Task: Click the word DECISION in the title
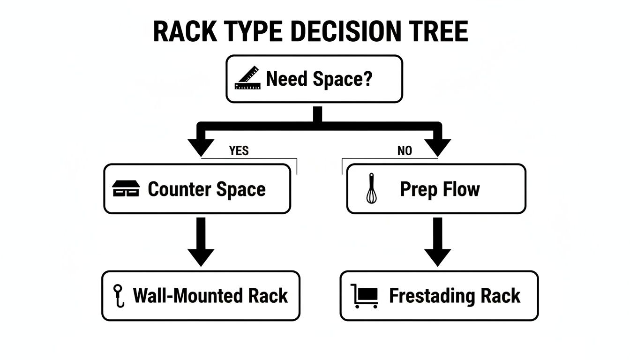pos(346,32)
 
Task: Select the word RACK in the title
pos(186,32)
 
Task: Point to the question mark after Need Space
pos(367,79)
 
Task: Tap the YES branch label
pos(239,150)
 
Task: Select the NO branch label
pos(405,151)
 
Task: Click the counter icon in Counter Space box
pos(126,189)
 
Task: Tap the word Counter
pos(179,189)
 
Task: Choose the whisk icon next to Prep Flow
pos(371,188)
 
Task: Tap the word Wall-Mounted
pos(187,296)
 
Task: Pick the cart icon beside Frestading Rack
pos(365,296)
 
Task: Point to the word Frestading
pos(432,296)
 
